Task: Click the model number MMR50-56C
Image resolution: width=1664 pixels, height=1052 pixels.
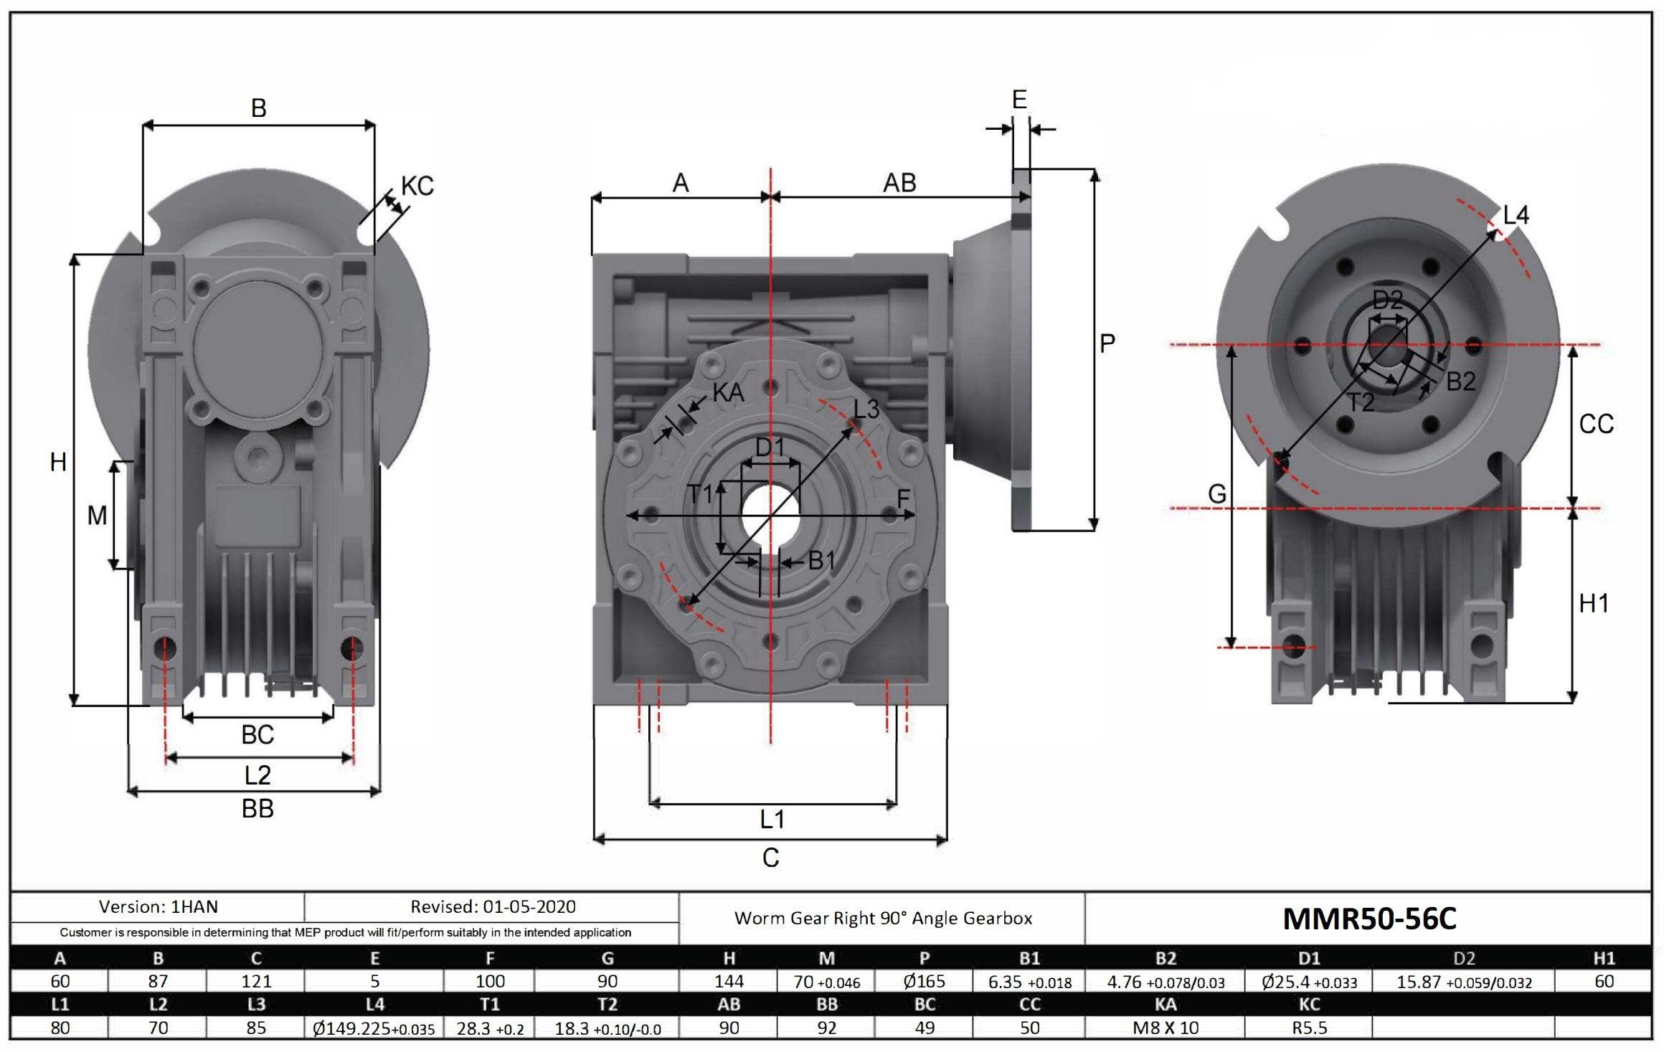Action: pos(1368,919)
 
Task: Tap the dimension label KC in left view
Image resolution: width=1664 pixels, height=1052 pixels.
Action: pos(417,186)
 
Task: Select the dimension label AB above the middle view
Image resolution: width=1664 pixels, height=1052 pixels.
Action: pos(899,183)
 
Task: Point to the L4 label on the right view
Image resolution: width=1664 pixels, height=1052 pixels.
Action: pos(1516,214)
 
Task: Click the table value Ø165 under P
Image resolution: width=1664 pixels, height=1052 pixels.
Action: pos(925,981)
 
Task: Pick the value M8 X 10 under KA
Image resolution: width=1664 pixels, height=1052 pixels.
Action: pos(1166,1028)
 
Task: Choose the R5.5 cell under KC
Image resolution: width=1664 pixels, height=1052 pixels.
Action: pos(1310,1028)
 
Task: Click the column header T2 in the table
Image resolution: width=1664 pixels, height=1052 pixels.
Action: pos(607,1005)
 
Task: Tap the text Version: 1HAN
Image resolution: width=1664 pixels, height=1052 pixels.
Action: pos(158,907)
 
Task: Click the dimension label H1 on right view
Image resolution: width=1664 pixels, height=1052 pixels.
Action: pos(1594,604)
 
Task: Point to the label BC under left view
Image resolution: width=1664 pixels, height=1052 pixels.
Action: pos(257,735)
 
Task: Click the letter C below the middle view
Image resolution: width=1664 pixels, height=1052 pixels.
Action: pos(770,858)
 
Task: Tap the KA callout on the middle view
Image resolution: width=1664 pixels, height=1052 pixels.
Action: pos(729,392)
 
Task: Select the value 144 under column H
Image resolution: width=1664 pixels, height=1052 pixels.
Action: pos(729,981)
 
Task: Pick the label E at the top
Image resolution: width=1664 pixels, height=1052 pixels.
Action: pos(1019,100)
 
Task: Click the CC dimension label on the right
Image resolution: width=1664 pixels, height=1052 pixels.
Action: pos(1596,425)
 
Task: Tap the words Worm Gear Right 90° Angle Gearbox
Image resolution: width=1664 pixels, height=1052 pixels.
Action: pos(883,919)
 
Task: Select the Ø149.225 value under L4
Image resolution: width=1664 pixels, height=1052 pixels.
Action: pos(374,1029)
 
